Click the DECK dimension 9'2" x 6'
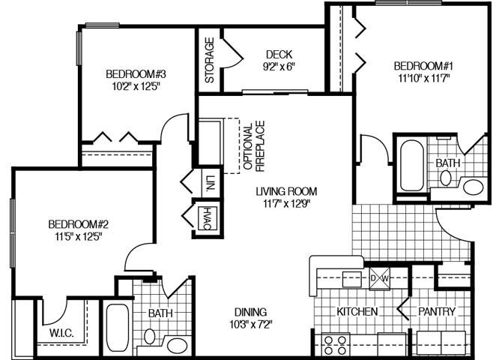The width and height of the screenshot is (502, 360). [x=279, y=66]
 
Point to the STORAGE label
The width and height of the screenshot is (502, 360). [x=210, y=60]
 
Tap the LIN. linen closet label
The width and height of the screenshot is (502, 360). [x=210, y=182]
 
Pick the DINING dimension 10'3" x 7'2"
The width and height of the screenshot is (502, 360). [x=250, y=325]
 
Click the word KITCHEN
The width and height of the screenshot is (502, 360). [x=357, y=311]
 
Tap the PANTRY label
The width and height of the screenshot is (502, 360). [x=436, y=311]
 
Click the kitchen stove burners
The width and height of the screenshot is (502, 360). [x=335, y=345]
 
